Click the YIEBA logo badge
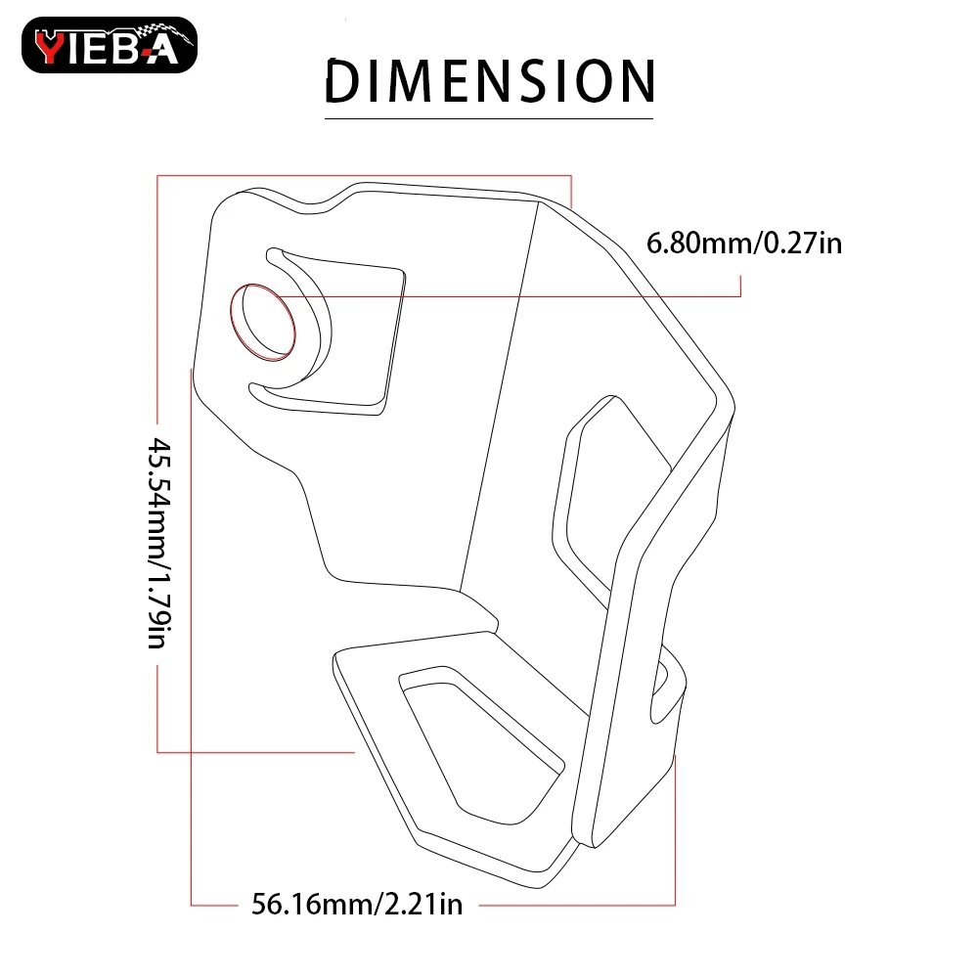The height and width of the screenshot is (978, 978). pyautogui.click(x=110, y=45)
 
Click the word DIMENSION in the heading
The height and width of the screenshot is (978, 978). pyautogui.click(x=490, y=80)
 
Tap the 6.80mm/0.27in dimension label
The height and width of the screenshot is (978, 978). pyautogui.click(x=744, y=243)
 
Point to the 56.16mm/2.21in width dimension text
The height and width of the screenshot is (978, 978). pyautogui.click(x=357, y=904)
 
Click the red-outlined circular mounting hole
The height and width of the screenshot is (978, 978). pyautogui.click(x=262, y=322)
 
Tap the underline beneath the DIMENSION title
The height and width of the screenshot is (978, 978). pyautogui.click(x=489, y=118)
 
